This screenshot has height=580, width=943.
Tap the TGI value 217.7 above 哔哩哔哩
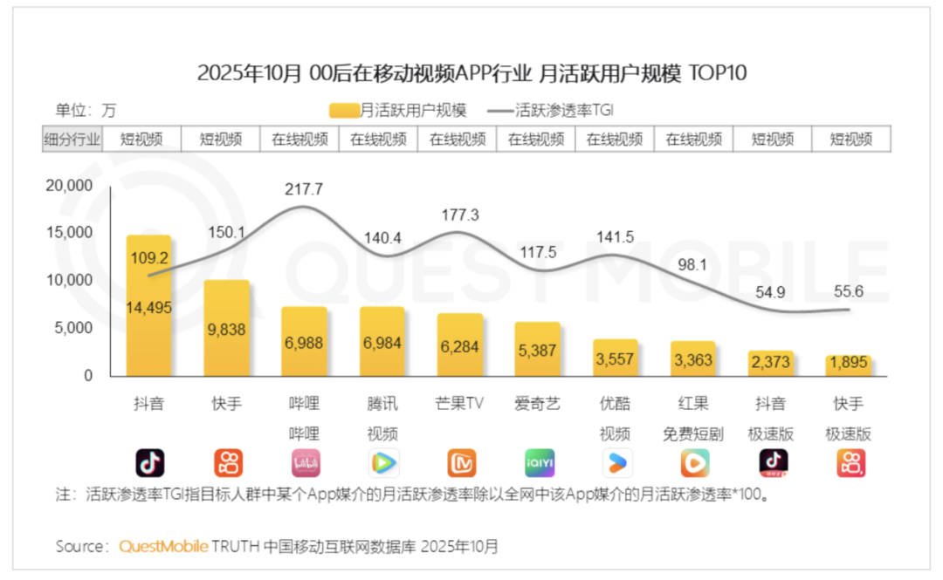coord(304,188)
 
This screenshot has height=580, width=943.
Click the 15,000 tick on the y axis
coord(69,233)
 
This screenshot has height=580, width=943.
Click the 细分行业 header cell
coord(72,139)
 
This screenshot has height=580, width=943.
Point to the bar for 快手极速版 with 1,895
coord(849,365)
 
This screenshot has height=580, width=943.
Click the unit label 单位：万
coord(86,111)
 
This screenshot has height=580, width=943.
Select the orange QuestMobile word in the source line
coord(163,547)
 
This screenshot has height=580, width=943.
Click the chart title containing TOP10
coord(471,72)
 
